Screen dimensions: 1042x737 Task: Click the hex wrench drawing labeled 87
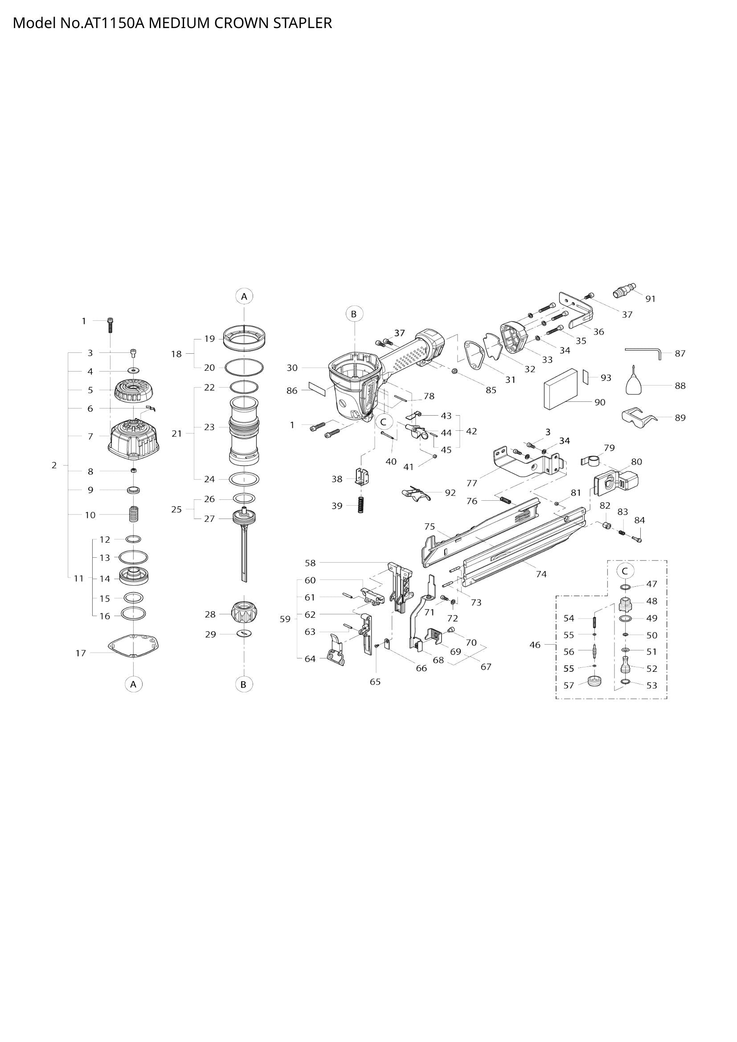coord(643,350)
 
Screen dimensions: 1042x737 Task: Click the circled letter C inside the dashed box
coord(625,571)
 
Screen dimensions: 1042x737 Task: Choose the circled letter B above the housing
coord(354,314)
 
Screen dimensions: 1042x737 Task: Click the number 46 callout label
coord(535,645)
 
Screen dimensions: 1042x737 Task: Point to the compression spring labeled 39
coord(361,505)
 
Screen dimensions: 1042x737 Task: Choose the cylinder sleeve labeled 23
coord(244,430)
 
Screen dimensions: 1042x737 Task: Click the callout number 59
coord(285,619)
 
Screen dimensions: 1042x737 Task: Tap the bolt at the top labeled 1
coord(110,325)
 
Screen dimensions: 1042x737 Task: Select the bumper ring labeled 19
coord(245,339)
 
